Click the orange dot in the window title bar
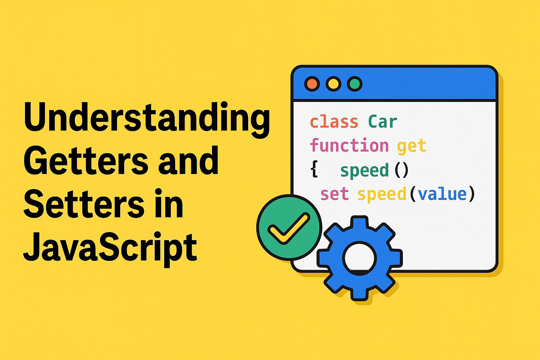click(x=312, y=84)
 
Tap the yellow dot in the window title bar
click(x=333, y=84)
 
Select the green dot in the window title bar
click(x=355, y=84)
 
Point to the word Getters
click(x=86, y=160)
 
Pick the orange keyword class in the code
click(x=334, y=122)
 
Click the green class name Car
click(x=383, y=122)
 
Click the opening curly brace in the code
click(x=314, y=170)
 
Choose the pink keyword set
click(x=335, y=194)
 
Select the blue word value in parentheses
click(x=442, y=194)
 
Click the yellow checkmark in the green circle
click(x=289, y=229)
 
